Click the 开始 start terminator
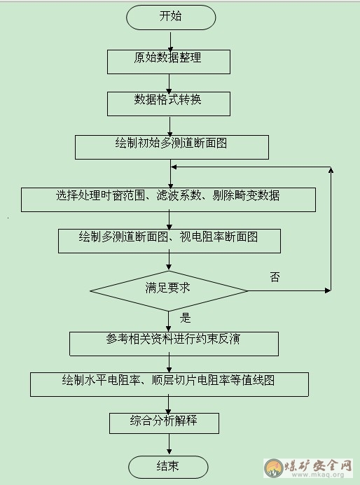pyautogui.click(x=171, y=17)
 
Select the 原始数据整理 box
pyautogui.click(x=169, y=62)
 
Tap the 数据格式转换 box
pyautogui.click(x=169, y=104)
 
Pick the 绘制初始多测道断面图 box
pyautogui.click(x=172, y=147)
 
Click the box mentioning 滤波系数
pyautogui.click(x=168, y=199)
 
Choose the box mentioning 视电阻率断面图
pyautogui.click(x=169, y=241)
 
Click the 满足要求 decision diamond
pyautogui.click(x=169, y=290)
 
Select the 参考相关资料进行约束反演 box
pyautogui.click(x=174, y=344)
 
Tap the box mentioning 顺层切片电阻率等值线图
pyautogui.click(x=169, y=384)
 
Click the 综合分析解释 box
pyautogui.click(x=164, y=423)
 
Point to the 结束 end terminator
pyautogui.click(x=168, y=467)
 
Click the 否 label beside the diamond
pyautogui.click(x=275, y=277)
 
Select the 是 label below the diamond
pyautogui.click(x=185, y=318)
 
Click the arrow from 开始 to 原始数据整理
pyautogui.click(x=171, y=41)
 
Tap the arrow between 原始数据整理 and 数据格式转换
pyautogui.click(x=169, y=83)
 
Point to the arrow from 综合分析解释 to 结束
pyautogui.click(x=169, y=444)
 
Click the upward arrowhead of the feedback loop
pyautogui.click(x=331, y=170)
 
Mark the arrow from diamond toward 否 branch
pyautogui.click(x=289, y=290)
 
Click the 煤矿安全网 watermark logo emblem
pyautogui.click(x=274, y=468)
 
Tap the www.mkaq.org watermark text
pyautogui.click(x=317, y=475)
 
